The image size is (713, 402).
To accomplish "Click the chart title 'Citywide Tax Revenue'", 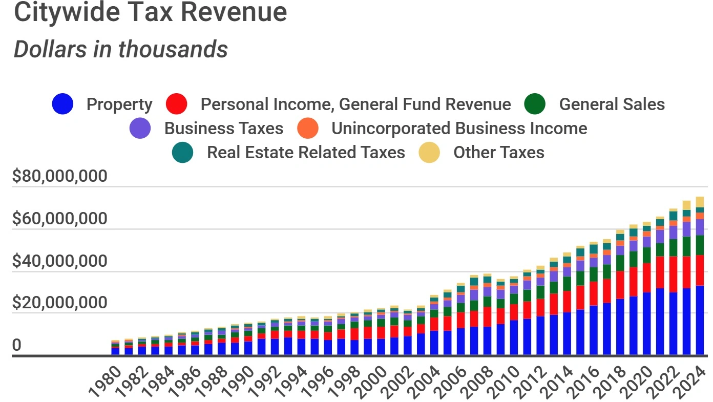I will point(150,12).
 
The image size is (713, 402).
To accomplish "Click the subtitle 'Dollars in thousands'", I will point(120,50).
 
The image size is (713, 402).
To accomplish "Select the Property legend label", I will point(119,104).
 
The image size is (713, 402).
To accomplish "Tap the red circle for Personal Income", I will point(177,104).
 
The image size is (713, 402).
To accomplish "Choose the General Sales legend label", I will point(612,104).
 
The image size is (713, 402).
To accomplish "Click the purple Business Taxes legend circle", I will point(140,129).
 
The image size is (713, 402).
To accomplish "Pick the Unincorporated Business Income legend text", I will point(459,129).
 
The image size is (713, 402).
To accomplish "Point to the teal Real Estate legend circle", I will point(182,153).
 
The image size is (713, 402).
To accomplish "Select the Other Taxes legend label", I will point(498,153).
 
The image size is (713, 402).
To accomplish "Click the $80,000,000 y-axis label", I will point(60,177).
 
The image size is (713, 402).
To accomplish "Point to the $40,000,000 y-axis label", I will point(60,262).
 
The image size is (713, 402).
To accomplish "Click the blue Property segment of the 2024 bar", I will point(700,320).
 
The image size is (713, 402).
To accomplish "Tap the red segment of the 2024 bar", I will point(700,270).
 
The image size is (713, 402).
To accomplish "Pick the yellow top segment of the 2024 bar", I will point(700,202).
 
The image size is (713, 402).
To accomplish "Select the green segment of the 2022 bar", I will point(673,248).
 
